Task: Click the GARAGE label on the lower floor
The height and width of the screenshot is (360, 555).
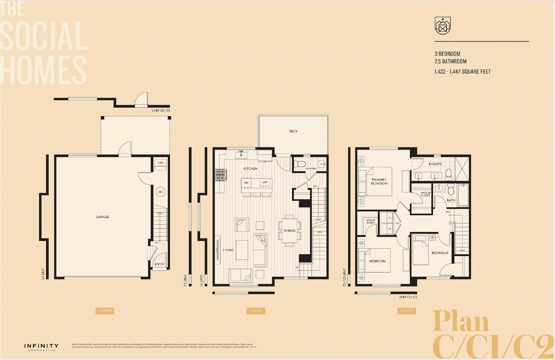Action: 102,217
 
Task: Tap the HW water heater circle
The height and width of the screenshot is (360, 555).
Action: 160,192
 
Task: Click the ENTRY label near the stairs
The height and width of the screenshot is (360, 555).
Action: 160,264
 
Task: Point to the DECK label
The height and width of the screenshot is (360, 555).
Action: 293,131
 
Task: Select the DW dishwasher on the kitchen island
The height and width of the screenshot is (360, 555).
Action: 246,183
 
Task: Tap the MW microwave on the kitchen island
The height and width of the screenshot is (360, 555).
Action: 265,183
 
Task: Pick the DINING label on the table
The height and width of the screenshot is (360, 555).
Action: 289,231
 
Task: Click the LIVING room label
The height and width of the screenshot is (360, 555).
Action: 228,250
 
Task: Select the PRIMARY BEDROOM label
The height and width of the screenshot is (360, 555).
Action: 379,181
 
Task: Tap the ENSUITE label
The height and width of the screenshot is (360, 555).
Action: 435,164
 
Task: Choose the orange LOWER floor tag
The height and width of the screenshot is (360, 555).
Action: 105,310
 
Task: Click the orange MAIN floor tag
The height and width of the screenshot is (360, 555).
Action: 256,310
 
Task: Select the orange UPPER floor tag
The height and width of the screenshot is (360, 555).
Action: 407,310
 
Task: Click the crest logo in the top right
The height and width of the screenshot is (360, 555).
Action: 442,26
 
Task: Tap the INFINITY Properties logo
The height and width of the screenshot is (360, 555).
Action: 41,347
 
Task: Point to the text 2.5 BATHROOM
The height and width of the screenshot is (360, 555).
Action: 450,61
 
